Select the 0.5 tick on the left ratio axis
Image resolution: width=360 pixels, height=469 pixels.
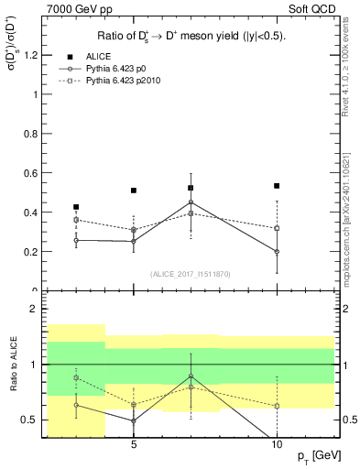pos(29,420)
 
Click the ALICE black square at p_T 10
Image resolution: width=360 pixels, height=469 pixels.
pos(277,186)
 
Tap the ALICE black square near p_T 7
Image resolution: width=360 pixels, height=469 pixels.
pos(191,188)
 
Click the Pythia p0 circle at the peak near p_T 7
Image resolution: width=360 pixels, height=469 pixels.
pos(191,202)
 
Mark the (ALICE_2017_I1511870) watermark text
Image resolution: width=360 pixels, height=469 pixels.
pos(191,274)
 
